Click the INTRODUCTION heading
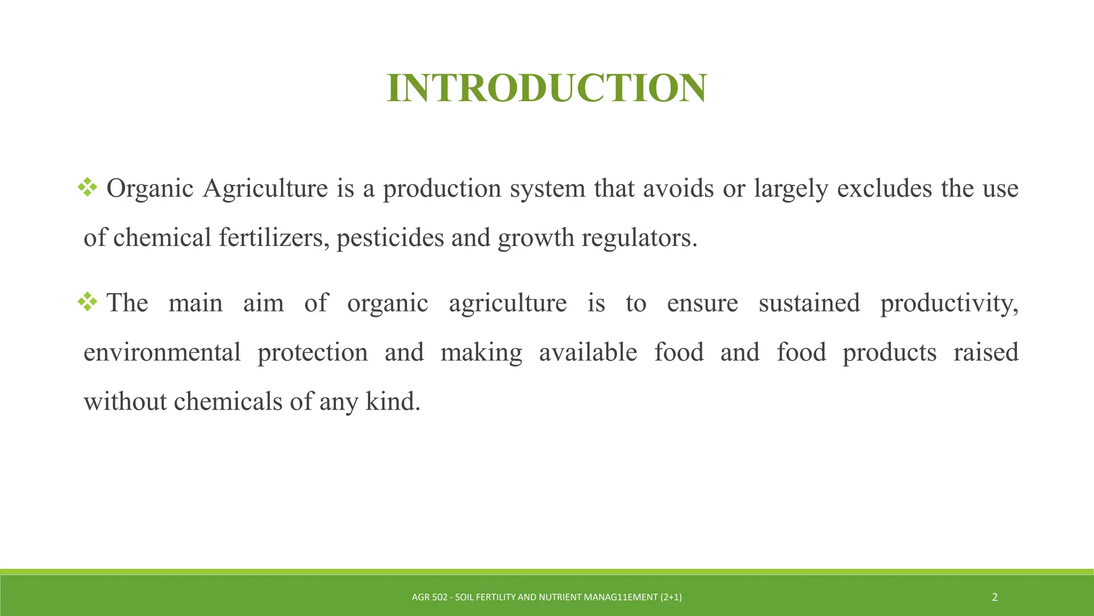pyautogui.click(x=547, y=88)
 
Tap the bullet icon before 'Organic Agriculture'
pyautogui.click(x=88, y=187)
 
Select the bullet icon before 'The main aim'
pyautogui.click(x=88, y=302)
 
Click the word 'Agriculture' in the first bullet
pyautogui.click(x=265, y=188)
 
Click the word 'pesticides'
pyautogui.click(x=390, y=237)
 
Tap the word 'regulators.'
pyautogui.click(x=639, y=237)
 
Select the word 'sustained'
pyautogui.click(x=809, y=303)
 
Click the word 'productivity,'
pyautogui.click(x=949, y=303)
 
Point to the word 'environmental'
pyautogui.click(x=162, y=352)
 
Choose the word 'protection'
pyautogui.click(x=312, y=352)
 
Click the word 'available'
pyautogui.click(x=588, y=352)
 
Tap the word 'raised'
pyautogui.click(x=986, y=352)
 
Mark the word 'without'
pyautogui.click(x=126, y=402)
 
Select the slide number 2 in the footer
pyautogui.click(x=995, y=597)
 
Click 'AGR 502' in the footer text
pyautogui.click(x=429, y=597)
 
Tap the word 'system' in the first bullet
pyautogui.click(x=548, y=188)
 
